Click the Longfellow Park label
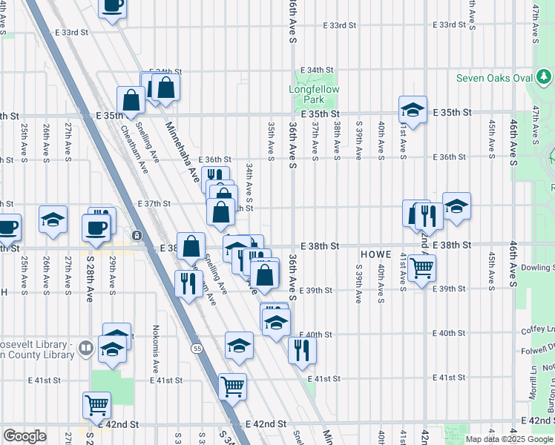pos(314,94)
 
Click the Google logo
pos(24,436)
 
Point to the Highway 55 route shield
pos(197,348)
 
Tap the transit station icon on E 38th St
pos(137,236)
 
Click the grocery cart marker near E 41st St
pos(233,385)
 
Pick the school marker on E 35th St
pos(412,110)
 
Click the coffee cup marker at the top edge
pos(113,6)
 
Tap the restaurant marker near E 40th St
pos(301,349)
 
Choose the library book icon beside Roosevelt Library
pos(86,347)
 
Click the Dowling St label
pos(536,267)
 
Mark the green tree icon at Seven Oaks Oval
pos(545,76)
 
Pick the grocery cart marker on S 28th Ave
pos(97,404)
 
